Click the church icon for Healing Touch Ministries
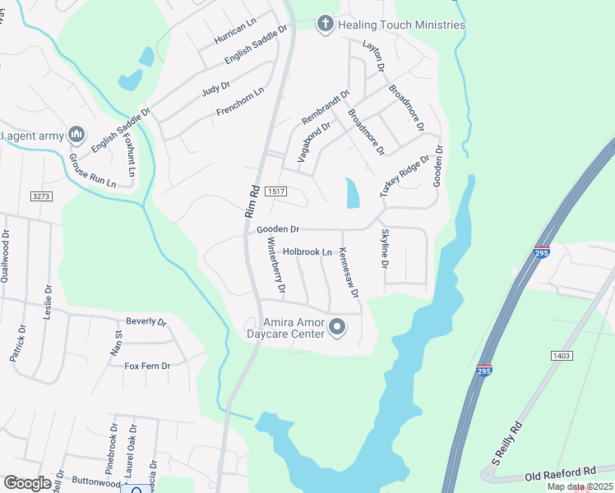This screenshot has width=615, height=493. tap(326, 24)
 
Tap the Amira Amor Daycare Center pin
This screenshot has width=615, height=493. tap(337, 329)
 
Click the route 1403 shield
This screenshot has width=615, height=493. tap(562, 355)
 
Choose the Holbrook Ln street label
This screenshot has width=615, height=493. tap(307, 251)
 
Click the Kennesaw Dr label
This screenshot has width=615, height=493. tap(349, 273)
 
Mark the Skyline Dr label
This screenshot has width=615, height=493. tap(384, 249)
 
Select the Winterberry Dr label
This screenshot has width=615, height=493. tap(275, 266)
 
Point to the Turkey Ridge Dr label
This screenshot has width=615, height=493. tap(405, 176)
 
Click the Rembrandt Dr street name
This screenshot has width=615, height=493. tap(326, 108)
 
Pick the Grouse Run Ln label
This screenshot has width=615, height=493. tap(92, 170)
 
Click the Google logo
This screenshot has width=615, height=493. tap(28, 482)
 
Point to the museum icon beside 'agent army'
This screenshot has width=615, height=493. tap(76, 133)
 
